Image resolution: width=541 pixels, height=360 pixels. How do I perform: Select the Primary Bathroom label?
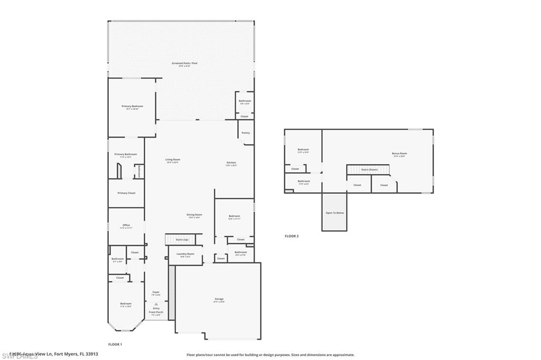[x=126, y=154]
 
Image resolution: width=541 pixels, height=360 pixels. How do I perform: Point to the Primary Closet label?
[x=126, y=193]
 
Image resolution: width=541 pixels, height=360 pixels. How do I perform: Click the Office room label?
[x=126, y=225]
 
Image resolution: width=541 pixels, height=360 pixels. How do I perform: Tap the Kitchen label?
[x=231, y=163]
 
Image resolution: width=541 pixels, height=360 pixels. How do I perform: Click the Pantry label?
[x=245, y=133]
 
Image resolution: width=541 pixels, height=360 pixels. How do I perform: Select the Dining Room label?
[x=194, y=215]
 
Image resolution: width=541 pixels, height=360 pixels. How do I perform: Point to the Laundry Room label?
[x=185, y=254]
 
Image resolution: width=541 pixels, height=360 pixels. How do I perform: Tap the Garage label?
[x=219, y=299]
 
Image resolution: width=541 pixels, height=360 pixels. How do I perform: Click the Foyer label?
[x=156, y=292]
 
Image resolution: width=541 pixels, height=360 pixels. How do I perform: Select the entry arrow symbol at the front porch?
[x=156, y=304]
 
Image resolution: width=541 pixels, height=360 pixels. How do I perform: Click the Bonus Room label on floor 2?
[x=399, y=154]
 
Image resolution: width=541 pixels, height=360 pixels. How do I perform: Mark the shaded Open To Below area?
[x=334, y=212]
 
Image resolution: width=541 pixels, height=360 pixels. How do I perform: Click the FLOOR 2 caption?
[x=292, y=236]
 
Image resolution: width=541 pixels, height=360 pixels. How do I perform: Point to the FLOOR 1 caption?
[x=115, y=344]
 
